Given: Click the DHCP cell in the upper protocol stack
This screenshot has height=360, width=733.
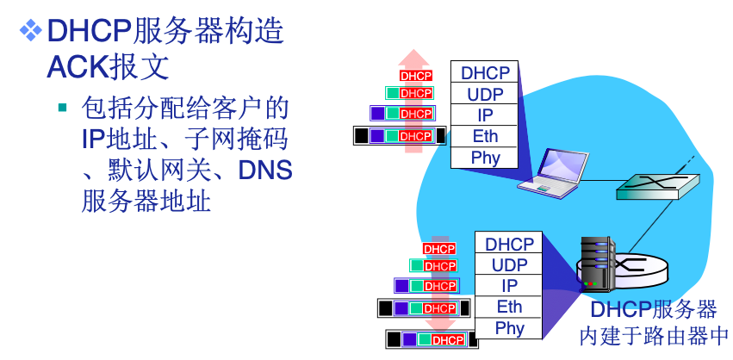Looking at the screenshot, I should click(485, 72).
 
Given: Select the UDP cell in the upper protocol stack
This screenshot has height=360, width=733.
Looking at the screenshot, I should click(485, 94).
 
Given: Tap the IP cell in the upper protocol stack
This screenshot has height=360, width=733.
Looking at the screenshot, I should click(485, 115).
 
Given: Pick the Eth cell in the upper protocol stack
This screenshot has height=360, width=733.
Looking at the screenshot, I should click(485, 136).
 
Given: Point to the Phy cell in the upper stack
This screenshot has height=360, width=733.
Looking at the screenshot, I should click(485, 158).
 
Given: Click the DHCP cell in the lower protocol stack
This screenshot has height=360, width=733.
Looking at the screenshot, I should click(509, 244).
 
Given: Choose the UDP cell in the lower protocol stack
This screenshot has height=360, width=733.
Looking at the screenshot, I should click(509, 264).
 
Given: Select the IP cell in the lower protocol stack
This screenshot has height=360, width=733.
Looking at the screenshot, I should click(509, 286).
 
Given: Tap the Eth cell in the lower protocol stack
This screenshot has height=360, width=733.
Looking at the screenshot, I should click(509, 307).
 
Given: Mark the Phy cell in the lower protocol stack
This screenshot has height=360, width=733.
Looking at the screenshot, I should click(509, 328).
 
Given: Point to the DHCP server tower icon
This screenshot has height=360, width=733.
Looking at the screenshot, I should click(597, 265).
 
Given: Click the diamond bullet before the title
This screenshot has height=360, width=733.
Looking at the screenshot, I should click(29, 31).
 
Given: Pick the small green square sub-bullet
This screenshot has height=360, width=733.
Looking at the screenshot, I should click(62, 109).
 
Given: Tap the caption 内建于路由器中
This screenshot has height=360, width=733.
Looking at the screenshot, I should click(653, 335).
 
